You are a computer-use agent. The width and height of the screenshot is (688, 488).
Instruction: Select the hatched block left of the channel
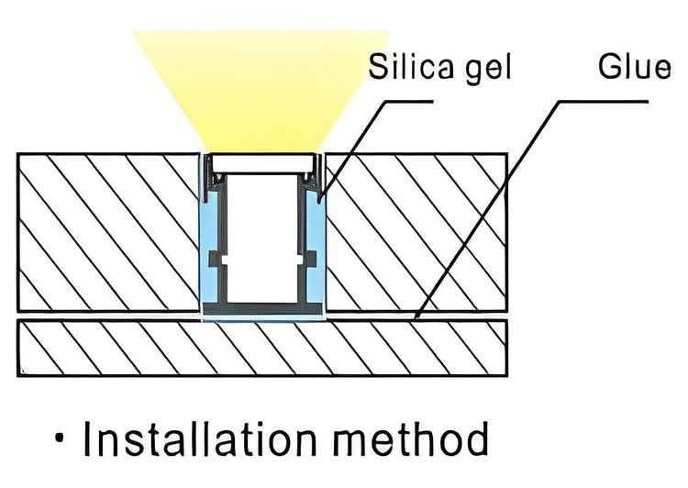pos(105,234)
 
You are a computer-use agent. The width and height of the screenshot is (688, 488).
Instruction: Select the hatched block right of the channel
pos(417,234)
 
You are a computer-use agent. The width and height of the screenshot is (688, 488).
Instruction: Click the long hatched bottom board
pos(261,349)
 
